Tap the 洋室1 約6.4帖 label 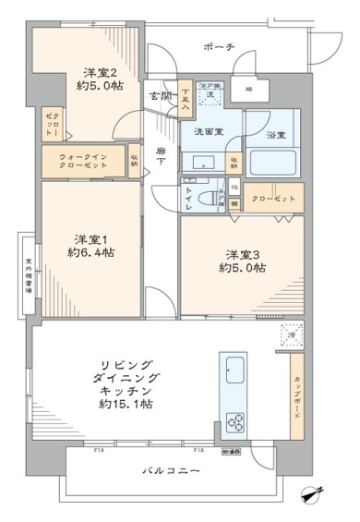click(91, 245)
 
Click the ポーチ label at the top click(218, 47)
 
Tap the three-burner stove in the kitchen click(235, 424)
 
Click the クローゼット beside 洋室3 click(275, 200)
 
